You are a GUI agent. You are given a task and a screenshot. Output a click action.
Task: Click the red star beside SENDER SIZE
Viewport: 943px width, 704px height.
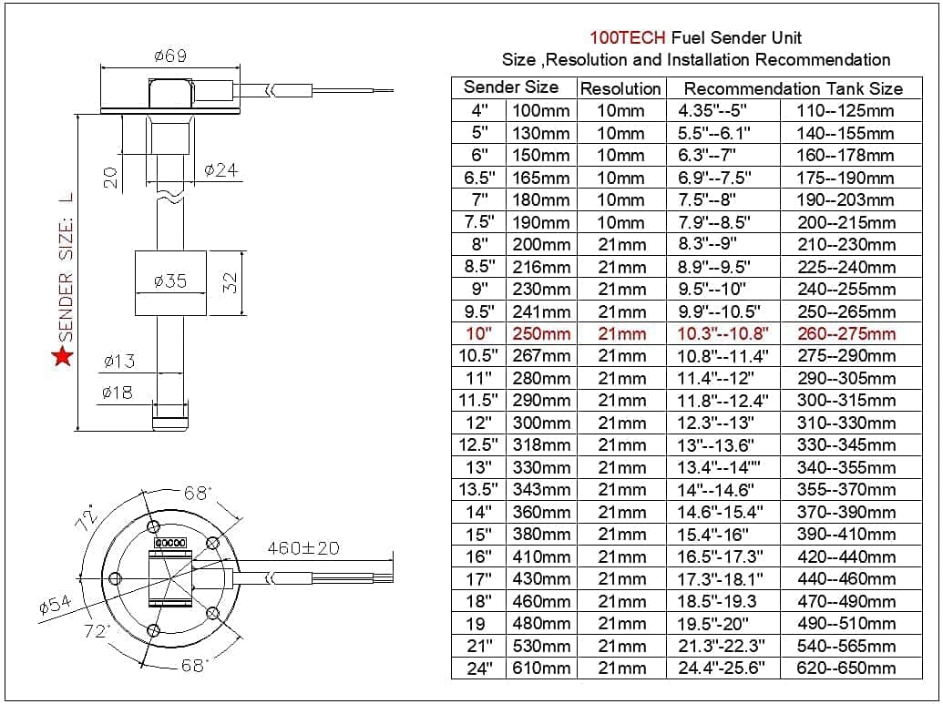click(62, 356)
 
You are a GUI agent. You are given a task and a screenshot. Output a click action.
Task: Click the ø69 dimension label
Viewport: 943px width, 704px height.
click(169, 56)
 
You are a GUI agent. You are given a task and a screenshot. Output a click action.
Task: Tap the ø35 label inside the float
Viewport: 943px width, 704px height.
click(170, 281)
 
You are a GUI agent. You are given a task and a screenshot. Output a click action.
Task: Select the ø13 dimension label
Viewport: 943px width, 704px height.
click(118, 362)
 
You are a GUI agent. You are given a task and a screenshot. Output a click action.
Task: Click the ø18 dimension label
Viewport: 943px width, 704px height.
click(118, 393)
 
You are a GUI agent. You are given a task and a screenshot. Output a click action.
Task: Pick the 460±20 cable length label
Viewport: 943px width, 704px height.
click(302, 548)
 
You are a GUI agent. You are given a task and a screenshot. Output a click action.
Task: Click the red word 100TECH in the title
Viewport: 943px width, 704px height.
click(628, 38)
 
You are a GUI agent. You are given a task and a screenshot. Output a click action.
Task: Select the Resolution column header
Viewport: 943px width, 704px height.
click(620, 88)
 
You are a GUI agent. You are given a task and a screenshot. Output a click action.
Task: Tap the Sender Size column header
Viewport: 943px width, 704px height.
click(511, 87)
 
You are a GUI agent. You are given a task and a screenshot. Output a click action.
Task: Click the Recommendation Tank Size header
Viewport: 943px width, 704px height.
click(793, 88)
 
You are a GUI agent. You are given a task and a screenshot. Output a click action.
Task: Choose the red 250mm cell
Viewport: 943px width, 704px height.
click(541, 333)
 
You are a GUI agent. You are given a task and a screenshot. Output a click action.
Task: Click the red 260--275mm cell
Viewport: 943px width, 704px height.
click(846, 333)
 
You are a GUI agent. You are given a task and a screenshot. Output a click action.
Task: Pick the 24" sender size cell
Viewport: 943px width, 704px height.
click(477, 668)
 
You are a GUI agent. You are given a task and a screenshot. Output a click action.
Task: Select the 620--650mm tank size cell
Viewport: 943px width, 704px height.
click(846, 668)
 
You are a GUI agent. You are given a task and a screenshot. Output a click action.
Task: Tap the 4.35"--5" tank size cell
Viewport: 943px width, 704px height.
click(712, 110)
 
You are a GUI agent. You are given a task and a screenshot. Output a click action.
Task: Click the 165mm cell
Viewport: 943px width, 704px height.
click(541, 178)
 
